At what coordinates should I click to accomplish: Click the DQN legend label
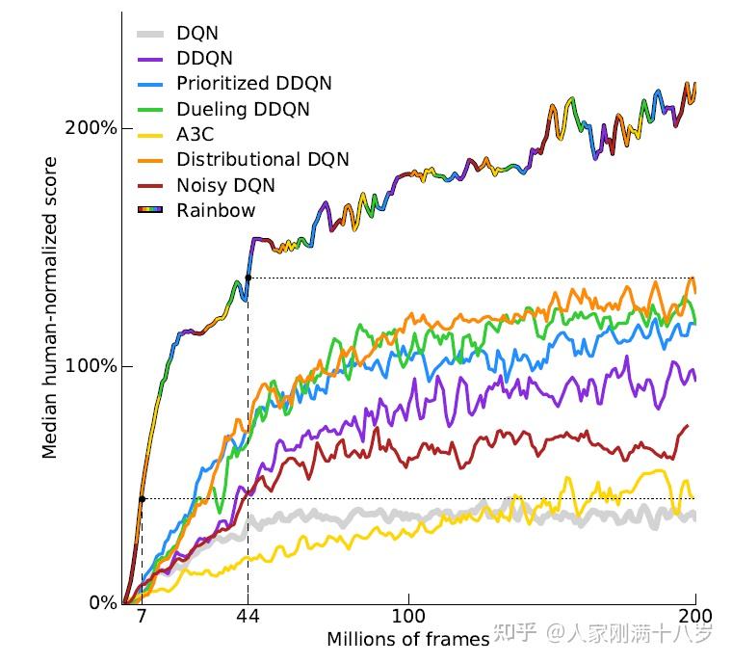197,35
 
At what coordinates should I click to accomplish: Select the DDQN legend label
204,60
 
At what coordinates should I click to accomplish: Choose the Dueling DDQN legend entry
243,110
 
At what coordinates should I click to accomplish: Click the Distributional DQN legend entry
263,160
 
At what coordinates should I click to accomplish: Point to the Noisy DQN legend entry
225,185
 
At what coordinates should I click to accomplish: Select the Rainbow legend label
216,210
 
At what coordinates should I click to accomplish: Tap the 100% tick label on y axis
96,366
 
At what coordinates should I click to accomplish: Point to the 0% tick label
102,603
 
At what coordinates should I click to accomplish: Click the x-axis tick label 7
142,617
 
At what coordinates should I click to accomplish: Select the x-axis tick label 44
248,617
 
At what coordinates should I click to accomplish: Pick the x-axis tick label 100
409,617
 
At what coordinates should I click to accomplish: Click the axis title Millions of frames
407,640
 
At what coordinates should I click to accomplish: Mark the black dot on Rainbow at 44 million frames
248,278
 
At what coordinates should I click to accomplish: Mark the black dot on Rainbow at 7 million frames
142,498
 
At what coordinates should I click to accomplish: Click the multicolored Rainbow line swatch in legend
149,210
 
